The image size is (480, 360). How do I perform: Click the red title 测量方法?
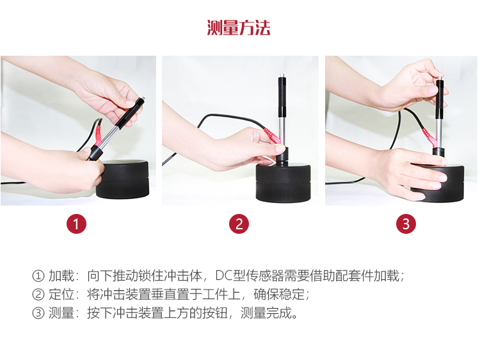click(239, 28)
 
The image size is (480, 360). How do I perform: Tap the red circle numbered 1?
click(77, 224)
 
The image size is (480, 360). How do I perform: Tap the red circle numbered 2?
click(239, 224)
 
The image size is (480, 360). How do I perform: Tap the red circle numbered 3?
click(406, 224)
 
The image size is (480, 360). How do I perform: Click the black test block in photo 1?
click(122, 179)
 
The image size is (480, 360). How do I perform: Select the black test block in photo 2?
click(284, 183)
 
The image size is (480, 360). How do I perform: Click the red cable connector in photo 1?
click(99, 134)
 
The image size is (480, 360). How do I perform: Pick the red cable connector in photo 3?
click(429, 137)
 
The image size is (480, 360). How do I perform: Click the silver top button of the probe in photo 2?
click(282, 76)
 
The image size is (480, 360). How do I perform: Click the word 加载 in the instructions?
click(61, 275)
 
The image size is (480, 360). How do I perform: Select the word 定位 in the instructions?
click(61, 294)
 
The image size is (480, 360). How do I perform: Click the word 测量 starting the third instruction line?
click(61, 313)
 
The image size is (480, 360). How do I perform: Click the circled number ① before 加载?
click(38, 275)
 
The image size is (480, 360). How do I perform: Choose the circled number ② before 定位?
click(38, 295)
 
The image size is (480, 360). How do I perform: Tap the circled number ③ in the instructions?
click(38, 313)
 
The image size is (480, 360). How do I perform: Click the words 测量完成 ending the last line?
click(266, 313)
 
